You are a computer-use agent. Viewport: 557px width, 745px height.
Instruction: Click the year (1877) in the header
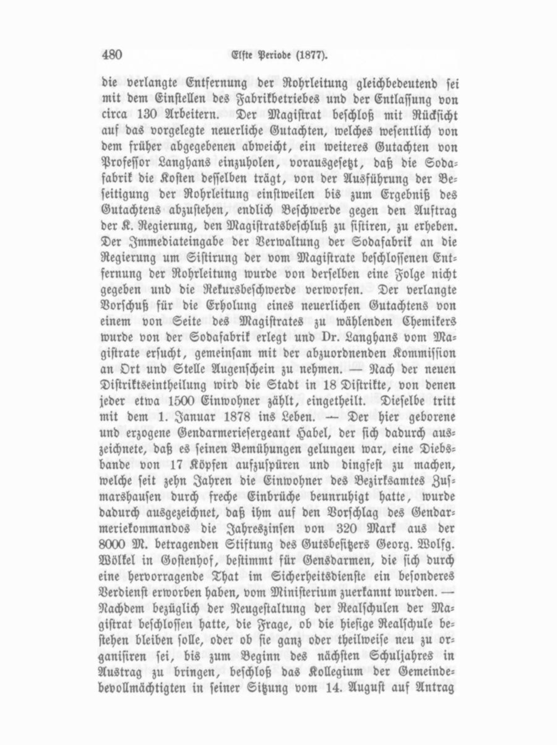[x=310, y=54]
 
